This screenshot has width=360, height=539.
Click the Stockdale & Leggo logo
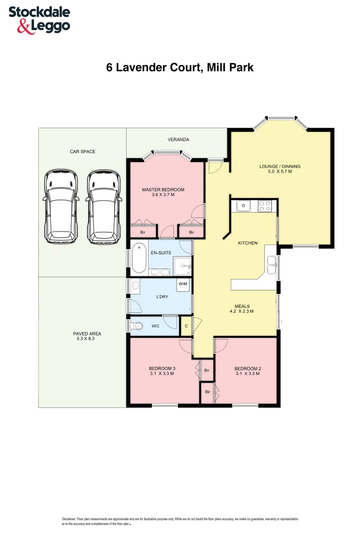(39, 20)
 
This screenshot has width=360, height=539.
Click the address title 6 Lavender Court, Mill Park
(180, 67)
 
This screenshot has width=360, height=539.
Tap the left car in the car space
(61, 207)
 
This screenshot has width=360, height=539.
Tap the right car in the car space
(104, 207)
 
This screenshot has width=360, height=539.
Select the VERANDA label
(178, 140)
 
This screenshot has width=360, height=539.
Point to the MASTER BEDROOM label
(163, 190)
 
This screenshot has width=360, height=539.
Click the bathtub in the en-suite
(139, 257)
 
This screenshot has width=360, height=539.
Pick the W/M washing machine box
(183, 284)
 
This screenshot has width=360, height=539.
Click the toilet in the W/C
(137, 326)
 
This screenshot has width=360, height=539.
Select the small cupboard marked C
(186, 326)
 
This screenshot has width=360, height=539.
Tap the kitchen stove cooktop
(264, 205)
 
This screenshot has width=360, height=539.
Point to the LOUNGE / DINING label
(280, 167)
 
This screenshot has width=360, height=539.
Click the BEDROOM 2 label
(247, 369)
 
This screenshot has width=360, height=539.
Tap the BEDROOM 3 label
(162, 369)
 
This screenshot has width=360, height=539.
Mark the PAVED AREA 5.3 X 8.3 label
(82, 336)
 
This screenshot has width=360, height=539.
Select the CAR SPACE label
(82, 151)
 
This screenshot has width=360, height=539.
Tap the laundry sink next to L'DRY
(135, 285)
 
